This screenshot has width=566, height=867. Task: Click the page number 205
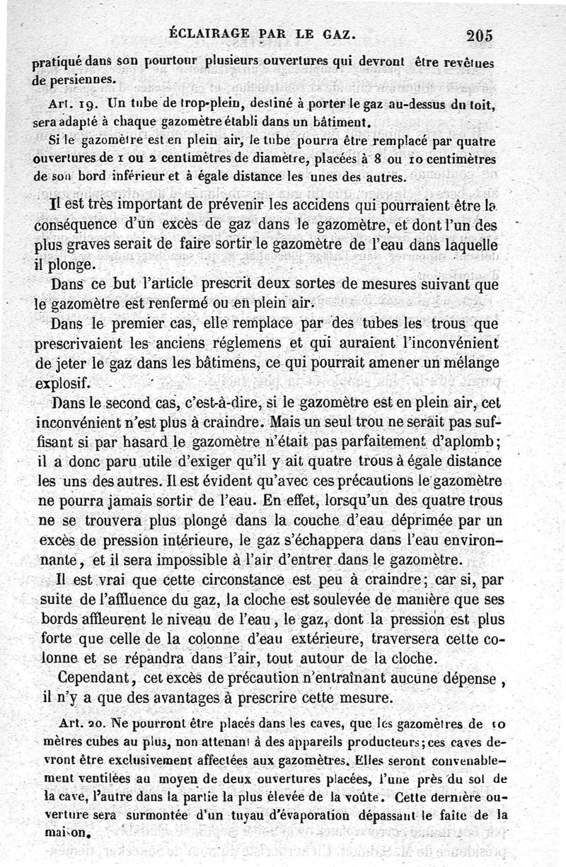tap(480, 35)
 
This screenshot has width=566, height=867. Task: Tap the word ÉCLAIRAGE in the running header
tap(206, 33)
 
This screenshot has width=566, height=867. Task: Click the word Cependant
tap(94, 677)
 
